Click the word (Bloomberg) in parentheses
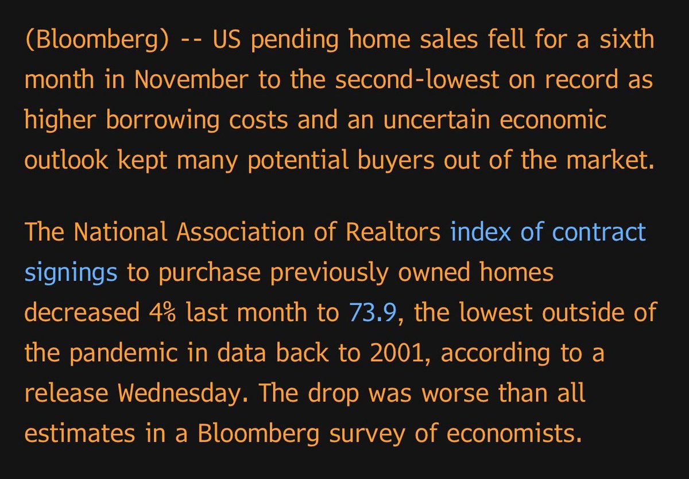pyautogui.click(x=96, y=41)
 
